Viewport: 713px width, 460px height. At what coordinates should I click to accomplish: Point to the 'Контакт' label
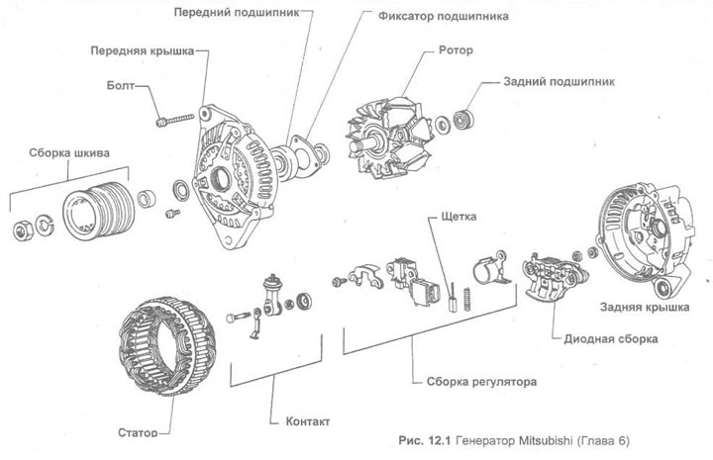(x=306, y=420)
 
